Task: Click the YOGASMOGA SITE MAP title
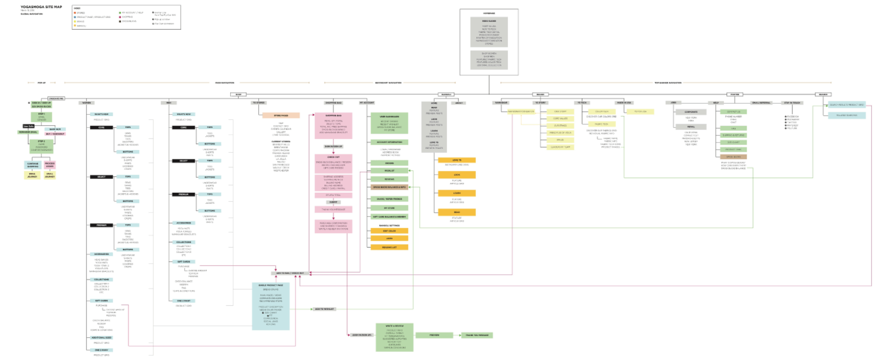tap(41, 7)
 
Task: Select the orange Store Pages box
tap(281, 115)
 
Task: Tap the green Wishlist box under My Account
tap(389, 171)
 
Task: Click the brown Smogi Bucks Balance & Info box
tap(389, 187)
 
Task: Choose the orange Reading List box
tap(389, 247)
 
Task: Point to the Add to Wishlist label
tap(324, 309)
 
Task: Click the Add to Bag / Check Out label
tap(290, 273)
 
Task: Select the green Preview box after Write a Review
tap(434, 335)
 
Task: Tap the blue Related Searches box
tap(847, 115)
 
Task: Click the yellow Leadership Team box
tap(560, 147)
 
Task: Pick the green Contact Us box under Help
tap(733, 112)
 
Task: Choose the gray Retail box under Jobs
tap(691, 127)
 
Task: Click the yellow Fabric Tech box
tap(601, 124)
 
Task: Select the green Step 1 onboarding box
tap(41, 117)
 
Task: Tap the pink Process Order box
tap(50, 165)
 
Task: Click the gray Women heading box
tap(87, 103)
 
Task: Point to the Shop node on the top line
tap(238, 94)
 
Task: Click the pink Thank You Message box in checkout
tap(333, 209)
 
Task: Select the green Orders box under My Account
tap(389, 163)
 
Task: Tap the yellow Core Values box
tap(560, 119)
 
